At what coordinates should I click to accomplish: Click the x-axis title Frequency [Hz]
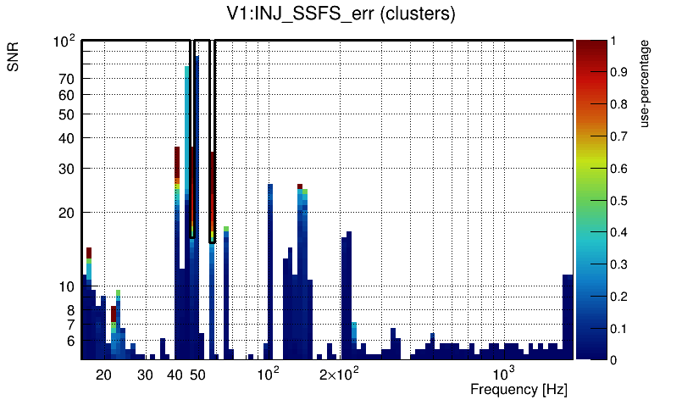518,389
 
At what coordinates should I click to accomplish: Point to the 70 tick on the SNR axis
67,79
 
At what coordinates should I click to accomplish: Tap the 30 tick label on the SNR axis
67,169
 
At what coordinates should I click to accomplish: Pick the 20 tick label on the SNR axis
67,213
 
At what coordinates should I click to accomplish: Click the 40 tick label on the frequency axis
175,375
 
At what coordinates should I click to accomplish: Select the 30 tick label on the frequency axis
145,375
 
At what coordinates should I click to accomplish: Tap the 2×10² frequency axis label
340,374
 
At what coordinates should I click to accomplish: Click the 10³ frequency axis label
504,374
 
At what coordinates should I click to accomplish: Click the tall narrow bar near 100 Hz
270,271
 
